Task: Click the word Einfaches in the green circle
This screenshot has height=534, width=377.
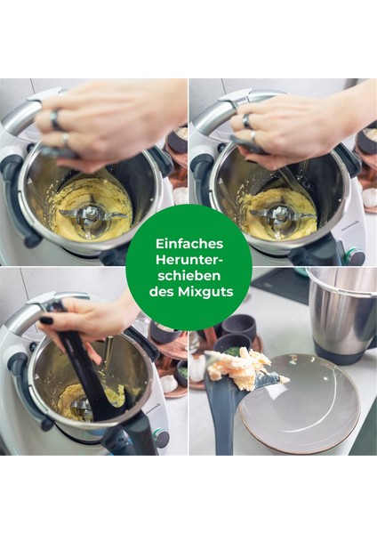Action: click(x=188, y=242)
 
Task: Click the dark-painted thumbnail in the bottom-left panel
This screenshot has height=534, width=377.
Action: click(x=46, y=320)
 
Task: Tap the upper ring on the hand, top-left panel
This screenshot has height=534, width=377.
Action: click(x=55, y=116)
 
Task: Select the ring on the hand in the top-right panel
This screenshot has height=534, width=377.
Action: click(x=245, y=120)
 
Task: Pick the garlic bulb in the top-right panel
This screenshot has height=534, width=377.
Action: click(x=368, y=198)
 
